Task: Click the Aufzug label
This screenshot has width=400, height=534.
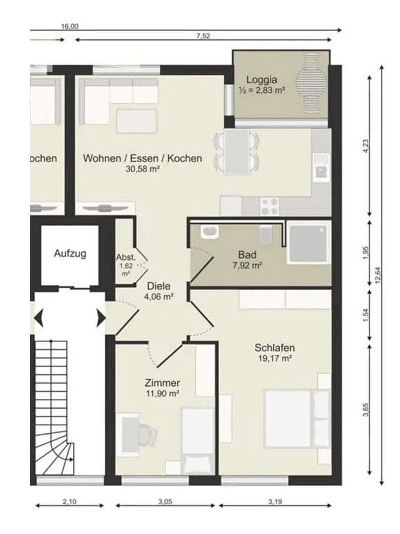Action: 70,254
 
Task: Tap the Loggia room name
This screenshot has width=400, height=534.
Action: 261,79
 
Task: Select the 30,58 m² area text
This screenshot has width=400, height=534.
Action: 142,169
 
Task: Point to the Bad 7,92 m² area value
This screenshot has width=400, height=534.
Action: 248,265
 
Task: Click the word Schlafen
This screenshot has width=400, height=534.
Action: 275,348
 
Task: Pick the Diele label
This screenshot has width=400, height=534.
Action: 159,286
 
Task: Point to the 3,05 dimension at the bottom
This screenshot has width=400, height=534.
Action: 165,501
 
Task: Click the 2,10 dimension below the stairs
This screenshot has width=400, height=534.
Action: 70,501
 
